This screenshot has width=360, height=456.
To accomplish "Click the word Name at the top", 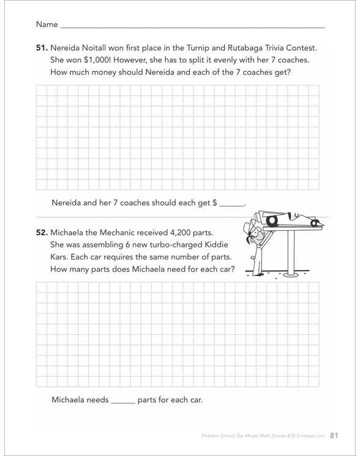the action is (x=47, y=24).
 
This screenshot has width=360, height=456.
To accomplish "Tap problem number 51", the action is (x=42, y=48).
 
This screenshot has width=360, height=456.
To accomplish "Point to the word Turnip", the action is (x=198, y=48).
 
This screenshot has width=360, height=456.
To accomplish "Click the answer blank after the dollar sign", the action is (x=232, y=204).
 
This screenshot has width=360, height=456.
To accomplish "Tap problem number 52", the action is (x=42, y=233).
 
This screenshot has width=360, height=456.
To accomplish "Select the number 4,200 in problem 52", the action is (x=181, y=233).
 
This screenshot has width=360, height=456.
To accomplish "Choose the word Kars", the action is (x=58, y=257).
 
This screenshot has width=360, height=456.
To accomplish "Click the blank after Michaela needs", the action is (x=123, y=402).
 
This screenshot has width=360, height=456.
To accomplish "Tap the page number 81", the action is (x=334, y=435).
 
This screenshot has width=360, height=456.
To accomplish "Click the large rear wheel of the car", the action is (x=272, y=221).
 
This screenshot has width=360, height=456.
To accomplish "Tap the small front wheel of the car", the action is (x=314, y=223).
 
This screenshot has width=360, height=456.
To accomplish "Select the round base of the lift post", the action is (x=291, y=274).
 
